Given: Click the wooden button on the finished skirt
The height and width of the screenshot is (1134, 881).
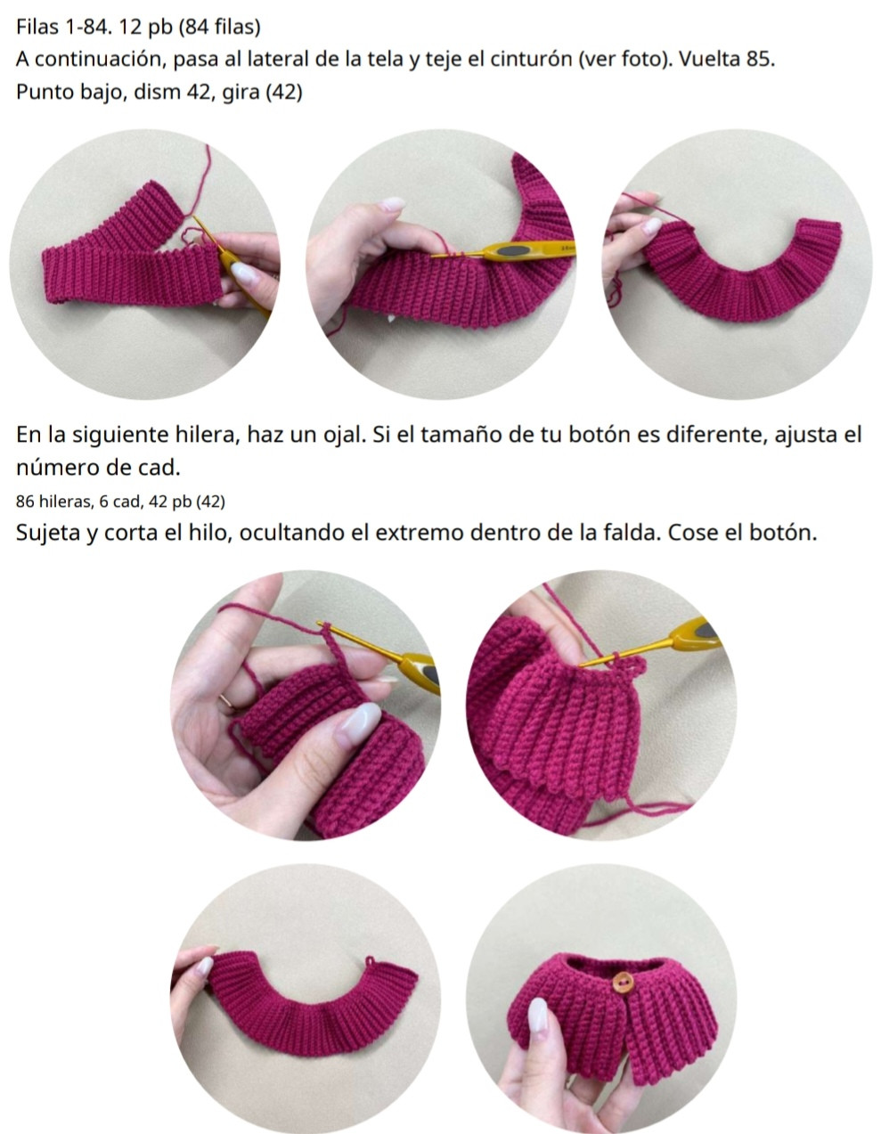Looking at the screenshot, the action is tap(623, 983).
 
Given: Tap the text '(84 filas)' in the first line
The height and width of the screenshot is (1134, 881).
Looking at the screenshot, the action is tap(220, 27).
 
